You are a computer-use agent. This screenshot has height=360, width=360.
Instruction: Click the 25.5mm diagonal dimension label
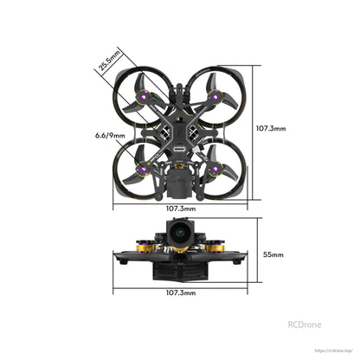[x=109, y=62]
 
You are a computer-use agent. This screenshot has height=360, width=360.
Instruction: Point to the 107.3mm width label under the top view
[x=180, y=209]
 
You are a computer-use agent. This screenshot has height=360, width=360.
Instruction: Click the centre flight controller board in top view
[x=180, y=130]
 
